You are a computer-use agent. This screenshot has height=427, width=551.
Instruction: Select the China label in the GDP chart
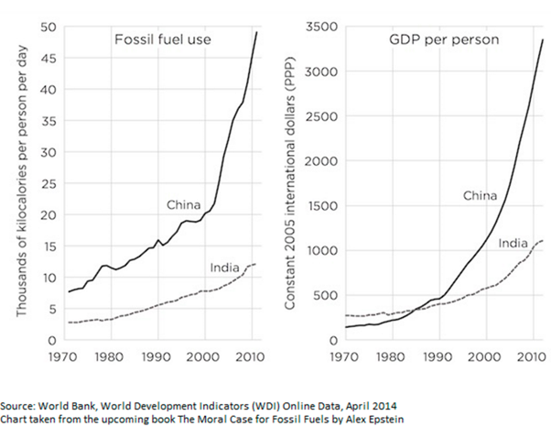point(480,194)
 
